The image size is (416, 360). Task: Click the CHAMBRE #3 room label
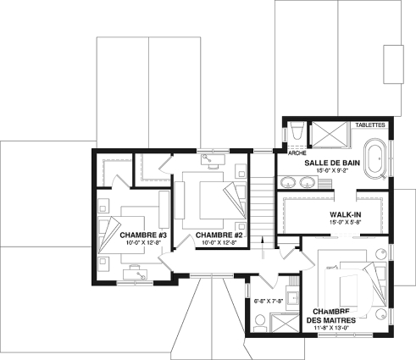point(142,234)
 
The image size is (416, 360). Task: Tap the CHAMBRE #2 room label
point(219,234)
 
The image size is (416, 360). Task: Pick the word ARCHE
point(297,154)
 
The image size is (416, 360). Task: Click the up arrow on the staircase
point(263,251)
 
